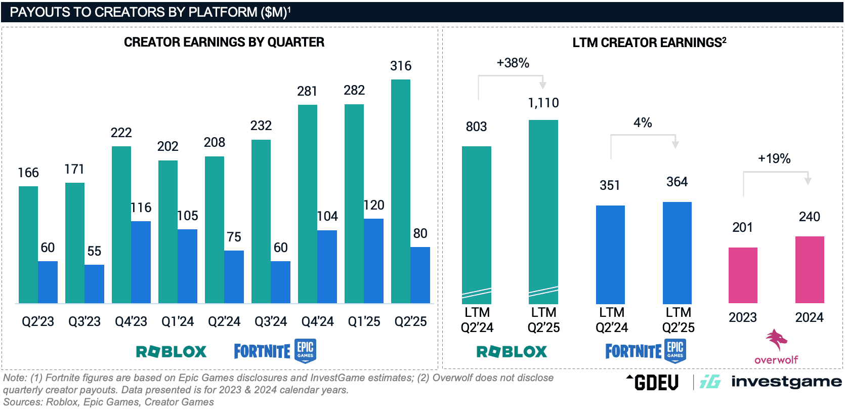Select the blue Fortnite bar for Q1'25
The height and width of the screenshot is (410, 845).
coord(373,261)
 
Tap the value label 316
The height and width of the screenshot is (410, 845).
coord(401,66)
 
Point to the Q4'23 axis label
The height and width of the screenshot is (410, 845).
coord(131,321)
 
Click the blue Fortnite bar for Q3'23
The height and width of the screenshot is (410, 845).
coord(94,283)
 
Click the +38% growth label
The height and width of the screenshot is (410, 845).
coord(513,63)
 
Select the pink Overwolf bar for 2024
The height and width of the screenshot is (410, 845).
coord(810,269)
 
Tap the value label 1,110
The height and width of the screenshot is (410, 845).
coord(543,103)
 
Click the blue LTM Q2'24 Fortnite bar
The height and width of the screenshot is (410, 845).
coord(610,254)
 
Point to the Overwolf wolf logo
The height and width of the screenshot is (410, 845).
coord(776,340)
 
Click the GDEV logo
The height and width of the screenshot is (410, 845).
coord(653,382)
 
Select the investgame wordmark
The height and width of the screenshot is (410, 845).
coord(786,382)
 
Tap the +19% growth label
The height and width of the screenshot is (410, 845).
coord(774,158)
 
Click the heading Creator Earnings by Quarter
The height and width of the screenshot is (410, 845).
coord(224,42)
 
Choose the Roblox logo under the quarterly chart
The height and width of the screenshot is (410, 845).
coord(172,351)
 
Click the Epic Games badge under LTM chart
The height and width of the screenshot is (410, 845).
coord(675,351)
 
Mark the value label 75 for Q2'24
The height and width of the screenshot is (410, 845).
coord(234,237)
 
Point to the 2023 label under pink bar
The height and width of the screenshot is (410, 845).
coord(742,317)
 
